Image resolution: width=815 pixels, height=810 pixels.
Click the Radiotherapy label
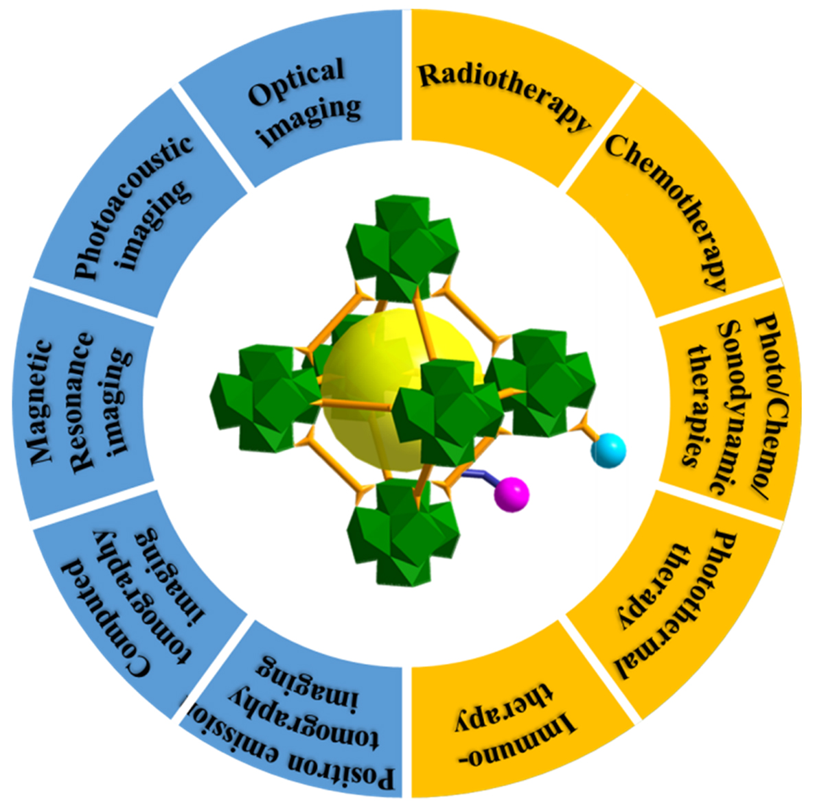point(505,96)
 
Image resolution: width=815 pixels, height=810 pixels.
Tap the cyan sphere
point(610,451)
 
